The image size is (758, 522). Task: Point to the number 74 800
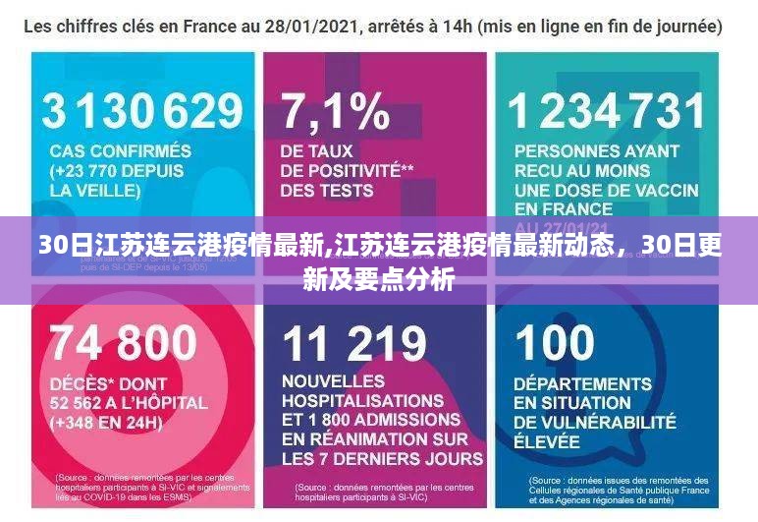click(x=123, y=343)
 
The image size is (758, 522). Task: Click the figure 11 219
click(x=354, y=343)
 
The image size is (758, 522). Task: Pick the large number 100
click(x=555, y=343)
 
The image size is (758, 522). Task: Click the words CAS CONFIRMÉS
click(x=121, y=151)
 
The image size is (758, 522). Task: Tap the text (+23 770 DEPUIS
click(x=116, y=171)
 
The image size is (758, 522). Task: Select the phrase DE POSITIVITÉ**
click(x=347, y=171)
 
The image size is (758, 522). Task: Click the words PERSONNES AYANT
click(x=596, y=151)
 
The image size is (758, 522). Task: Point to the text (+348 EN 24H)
click(x=106, y=423)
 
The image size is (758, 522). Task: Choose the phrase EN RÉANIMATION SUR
click(x=373, y=439)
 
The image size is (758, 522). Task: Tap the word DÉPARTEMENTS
click(x=582, y=382)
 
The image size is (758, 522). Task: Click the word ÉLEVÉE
click(x=548, y=440)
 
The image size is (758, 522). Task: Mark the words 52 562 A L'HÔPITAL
click(x=129, y=402)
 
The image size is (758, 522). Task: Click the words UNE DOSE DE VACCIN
click(x=606, y=190)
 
